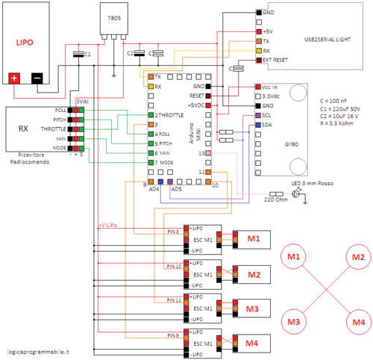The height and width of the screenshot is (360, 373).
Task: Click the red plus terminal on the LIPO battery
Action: point(13,78)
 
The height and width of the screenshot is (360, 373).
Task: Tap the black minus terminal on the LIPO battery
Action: point(37,78)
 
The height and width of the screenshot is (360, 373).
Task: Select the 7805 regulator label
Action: point(113,16)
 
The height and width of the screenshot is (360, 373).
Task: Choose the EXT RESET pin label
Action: point(277,60)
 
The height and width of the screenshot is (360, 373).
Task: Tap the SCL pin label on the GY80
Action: point(267,116)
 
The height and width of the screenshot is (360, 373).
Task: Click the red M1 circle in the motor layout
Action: point(293,258)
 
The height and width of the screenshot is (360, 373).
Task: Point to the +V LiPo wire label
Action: point(110,224)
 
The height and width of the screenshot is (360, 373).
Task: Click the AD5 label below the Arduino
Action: point(177,189)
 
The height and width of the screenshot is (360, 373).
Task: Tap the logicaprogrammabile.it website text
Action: point(40,350)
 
